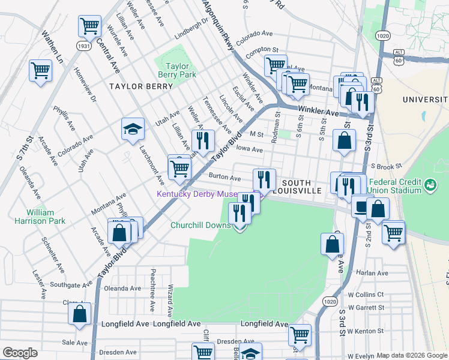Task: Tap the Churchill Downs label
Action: [200, 225]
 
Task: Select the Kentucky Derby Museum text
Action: [204, 194]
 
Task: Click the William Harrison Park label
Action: [49, 217]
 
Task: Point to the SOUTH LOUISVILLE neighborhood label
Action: [296, 187]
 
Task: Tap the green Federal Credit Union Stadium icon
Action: [430, 185]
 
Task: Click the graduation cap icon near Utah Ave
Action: [133, 128]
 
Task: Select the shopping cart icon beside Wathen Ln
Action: [40, 70]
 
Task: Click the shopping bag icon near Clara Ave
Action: [79, 313]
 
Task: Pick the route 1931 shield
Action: [84, 46]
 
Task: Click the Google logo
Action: [20, 352]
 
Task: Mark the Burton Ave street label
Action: [224, 178]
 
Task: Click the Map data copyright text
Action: [412, 355]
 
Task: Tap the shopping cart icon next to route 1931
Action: [89, 26]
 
